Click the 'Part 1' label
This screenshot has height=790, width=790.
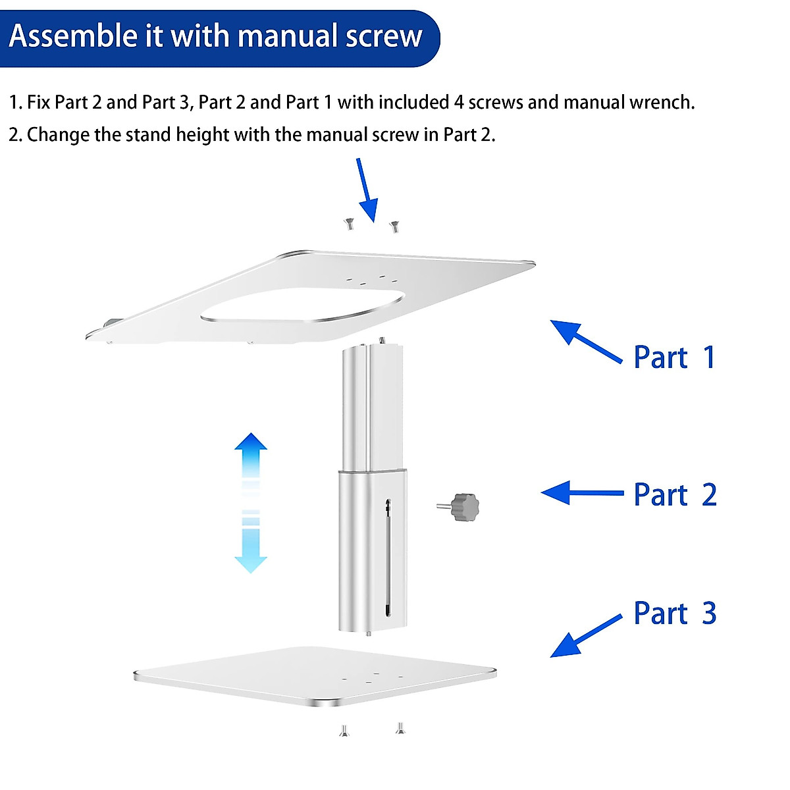674,357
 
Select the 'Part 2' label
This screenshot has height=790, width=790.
675,495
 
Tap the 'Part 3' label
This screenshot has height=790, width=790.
675,614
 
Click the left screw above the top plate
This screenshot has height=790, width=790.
348,224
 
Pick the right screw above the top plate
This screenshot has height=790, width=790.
394,226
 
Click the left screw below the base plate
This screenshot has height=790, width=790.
344,730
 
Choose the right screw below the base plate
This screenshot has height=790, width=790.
400,728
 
